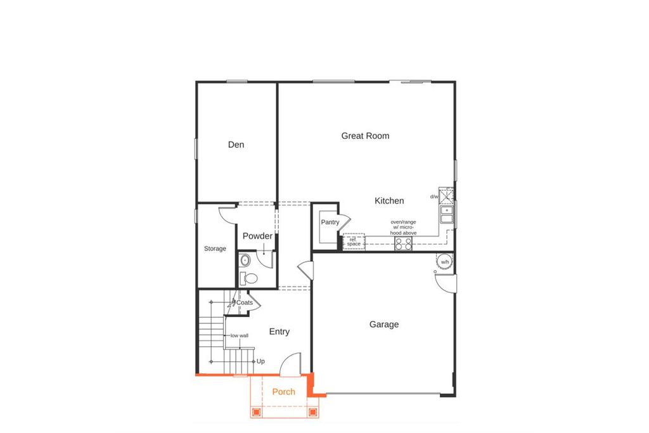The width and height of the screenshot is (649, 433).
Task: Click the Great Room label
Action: (x=365, y=136)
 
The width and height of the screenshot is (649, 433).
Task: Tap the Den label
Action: (x=236, y=145)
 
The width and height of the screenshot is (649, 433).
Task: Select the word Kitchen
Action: (x=389, y=201)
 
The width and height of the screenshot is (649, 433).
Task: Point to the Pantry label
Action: (x=330, y=222)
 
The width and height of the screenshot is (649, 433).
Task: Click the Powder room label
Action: (x=257, y=236)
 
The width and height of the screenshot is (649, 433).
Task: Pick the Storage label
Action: (x=215, y=249)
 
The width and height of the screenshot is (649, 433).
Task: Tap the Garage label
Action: (x=384, y=325)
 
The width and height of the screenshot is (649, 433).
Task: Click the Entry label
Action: (x=280, y=332)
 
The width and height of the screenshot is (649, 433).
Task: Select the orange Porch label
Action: (x=283, y=392)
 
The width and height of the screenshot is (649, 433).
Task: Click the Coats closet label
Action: (x=245, y=303)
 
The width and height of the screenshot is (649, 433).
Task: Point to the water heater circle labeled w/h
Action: (x=444, y=262)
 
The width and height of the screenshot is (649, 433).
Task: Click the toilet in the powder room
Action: (x=250, y=278)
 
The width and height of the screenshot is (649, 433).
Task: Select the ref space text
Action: (x=354, y=242)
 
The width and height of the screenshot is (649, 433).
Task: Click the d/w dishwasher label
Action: (x=434, y=197)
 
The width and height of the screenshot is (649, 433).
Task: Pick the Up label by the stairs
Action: (x=260, y=361)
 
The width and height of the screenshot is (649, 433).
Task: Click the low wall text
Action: (x=240, y=335)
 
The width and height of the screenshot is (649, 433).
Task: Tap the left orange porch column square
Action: (x=256, y=412)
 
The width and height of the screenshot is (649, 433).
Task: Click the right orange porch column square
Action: (x=312, y=412)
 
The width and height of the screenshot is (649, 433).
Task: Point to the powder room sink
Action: (x=244, y=260)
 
